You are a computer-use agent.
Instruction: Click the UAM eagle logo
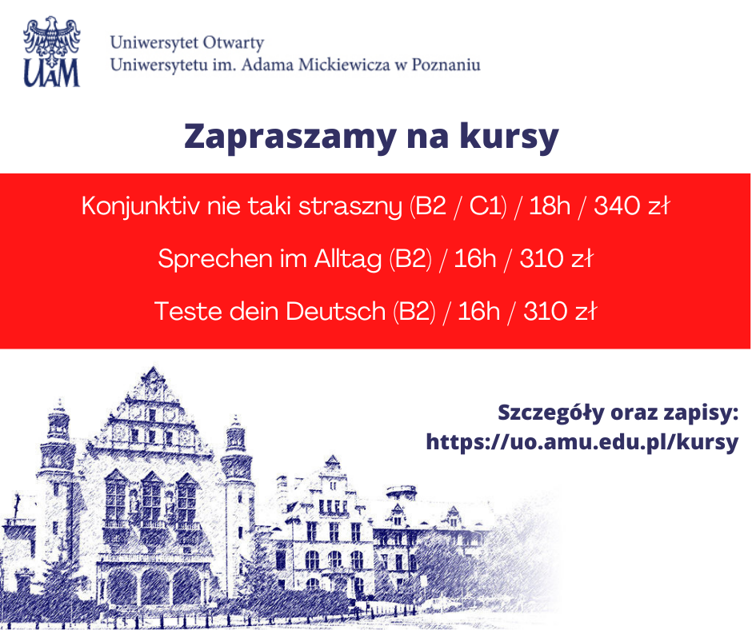[x=52, y=52]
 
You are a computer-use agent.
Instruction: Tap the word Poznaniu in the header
[x=446, y=65]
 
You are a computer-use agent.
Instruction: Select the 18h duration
[x=550, y=207]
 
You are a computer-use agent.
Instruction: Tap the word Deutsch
[x=335, y=311]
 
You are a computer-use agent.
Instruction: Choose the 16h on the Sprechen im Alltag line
[x=474, y=259]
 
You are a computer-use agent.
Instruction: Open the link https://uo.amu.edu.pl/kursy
[x=582, y=442]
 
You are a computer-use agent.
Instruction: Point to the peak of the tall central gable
[x=149, y=369]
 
